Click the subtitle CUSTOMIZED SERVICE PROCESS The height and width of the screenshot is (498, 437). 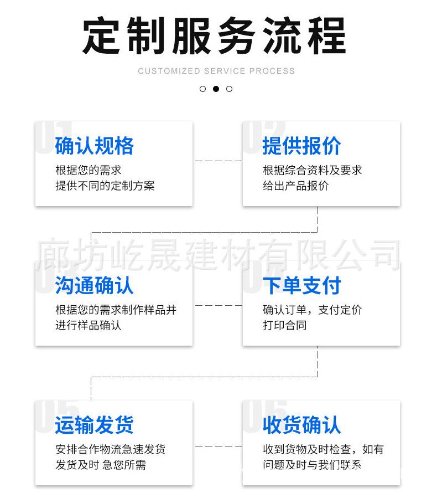click(216, 71)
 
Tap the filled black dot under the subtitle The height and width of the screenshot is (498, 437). click(216, 89)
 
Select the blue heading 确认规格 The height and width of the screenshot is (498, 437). click(94, 146)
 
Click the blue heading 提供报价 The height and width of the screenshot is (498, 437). click(301, 146)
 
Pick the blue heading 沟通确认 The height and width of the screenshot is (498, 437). click(94, 286)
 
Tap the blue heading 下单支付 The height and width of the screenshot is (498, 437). click(301, 286)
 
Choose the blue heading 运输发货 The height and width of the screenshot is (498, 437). click(94, 425)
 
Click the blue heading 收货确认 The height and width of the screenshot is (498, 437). click(301, 425)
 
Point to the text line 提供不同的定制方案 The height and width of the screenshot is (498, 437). click(105, 186)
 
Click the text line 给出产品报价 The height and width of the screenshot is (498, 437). click(295, 186)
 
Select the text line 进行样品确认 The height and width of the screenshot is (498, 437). click(88, 326)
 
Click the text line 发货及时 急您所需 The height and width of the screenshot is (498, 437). click(100, 465)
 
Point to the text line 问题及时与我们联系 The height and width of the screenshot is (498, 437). click(312, 465)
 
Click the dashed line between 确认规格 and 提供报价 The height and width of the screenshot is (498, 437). click(217, 161)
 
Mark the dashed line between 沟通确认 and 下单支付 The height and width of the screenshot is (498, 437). click(217, 305)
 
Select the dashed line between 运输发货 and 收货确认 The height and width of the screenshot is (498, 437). click(217, 445)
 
